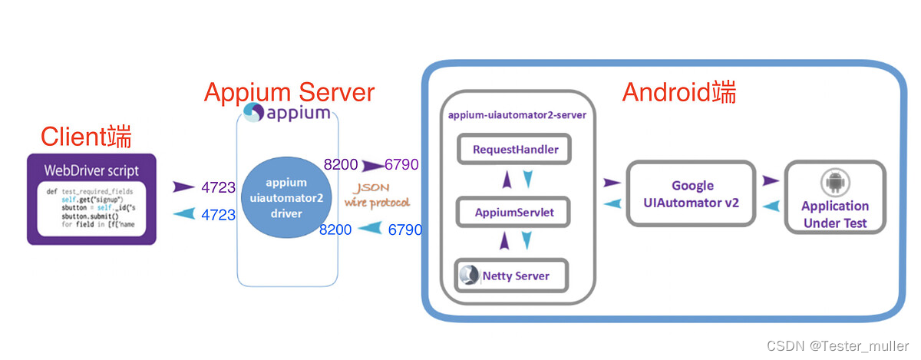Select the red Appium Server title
(289, 93)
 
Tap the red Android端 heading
(678, 92)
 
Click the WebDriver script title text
(91, 170)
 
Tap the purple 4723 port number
(218, 187)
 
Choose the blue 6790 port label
(405, 230)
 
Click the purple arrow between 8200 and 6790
(373, 165)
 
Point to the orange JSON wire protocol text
(376, 197)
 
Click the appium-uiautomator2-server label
(517, 115)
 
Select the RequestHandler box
(515, 149)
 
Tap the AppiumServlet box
(514, 211)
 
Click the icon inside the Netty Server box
(468, 275)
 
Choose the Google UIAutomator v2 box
(692, 194)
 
